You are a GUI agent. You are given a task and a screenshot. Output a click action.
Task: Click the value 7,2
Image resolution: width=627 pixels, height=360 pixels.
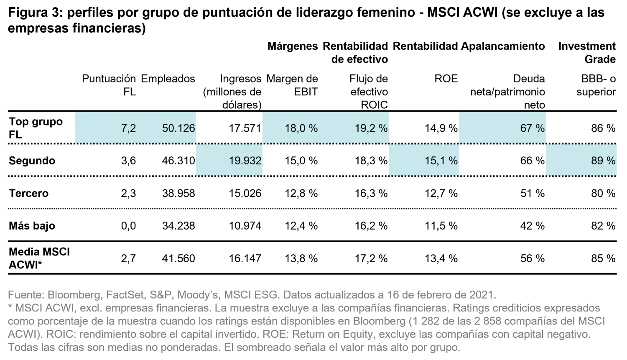(x=128, y=128)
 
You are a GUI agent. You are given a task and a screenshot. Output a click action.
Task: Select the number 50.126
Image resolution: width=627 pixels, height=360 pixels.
(x=178, y=128)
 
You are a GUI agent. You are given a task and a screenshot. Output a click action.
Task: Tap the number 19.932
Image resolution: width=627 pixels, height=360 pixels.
(x=245, y=161)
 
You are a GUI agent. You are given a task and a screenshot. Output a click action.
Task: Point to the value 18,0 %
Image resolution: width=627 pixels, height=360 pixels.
(x=301, y=128)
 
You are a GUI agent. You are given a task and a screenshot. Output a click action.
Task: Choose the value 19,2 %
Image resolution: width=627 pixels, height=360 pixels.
(x=371, y=128)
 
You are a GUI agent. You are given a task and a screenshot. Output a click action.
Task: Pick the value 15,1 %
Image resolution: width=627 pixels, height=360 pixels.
(x=441, y=161)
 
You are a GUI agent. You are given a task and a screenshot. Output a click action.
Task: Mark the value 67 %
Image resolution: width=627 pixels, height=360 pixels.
(x=532, y=128)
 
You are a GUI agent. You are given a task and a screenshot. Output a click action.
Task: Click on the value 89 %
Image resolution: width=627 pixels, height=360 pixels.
(x=603, y=161)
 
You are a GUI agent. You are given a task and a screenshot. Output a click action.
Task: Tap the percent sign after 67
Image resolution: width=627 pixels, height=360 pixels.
(x=540, y=128)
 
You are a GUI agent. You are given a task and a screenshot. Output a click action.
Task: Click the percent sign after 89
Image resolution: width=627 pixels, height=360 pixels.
(x=612, y=161)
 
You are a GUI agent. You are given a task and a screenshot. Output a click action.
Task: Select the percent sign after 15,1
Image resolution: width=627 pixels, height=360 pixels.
(x=454, y=161)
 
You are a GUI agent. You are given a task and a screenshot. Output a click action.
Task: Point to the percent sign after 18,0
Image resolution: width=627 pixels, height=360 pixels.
(x=313, y=128)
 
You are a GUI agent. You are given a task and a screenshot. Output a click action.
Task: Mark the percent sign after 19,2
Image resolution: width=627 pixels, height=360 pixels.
(x=383, y=128)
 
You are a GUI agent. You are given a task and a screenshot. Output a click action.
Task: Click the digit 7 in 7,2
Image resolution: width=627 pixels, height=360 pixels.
(x=124, y=128)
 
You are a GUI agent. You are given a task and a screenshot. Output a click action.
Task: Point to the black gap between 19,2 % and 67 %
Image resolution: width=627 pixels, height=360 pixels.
(x=424, y=128)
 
